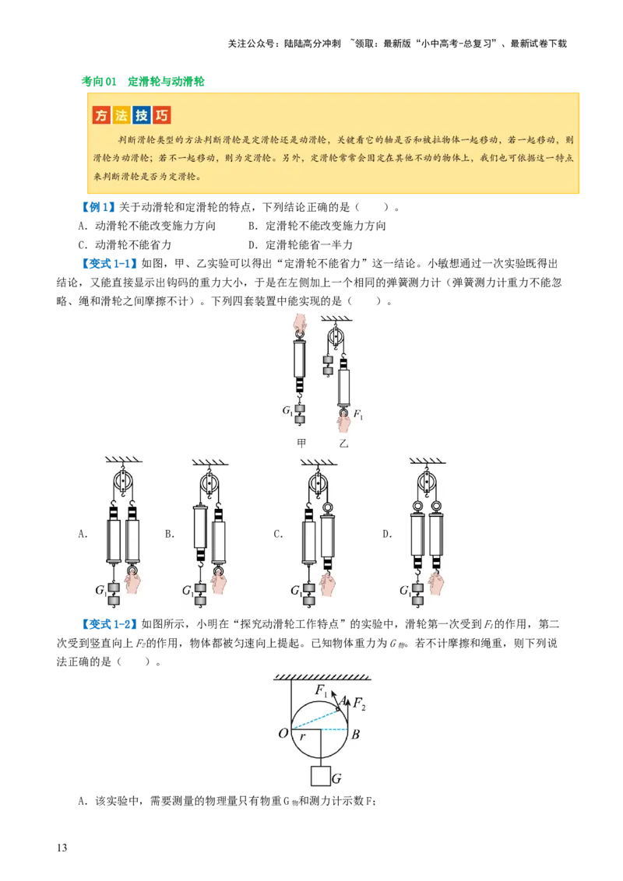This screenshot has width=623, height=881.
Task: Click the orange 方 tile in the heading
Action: [x=101, y=115]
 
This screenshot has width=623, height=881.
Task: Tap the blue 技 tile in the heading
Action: [x=142, y=115]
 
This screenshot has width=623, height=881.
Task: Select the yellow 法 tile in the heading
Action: [x=121, y=115]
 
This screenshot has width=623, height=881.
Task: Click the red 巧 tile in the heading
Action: [x=162, y=115]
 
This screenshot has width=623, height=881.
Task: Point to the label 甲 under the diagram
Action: [x=302, y=443]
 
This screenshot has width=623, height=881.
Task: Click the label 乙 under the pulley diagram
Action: [x=343, y=443]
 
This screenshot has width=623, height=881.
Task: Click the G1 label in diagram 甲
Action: [x=288, y=409]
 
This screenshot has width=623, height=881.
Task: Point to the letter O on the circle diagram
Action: [x=283, y=733]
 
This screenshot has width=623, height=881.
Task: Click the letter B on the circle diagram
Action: [x=355, y=733]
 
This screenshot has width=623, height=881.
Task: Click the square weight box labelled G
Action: [x=320, y=776]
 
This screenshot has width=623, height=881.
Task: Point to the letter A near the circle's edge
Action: [x=340, y=700]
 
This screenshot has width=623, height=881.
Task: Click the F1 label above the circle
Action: [x=321, y=690]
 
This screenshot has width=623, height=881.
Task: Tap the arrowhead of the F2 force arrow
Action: [x=347, y=697]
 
